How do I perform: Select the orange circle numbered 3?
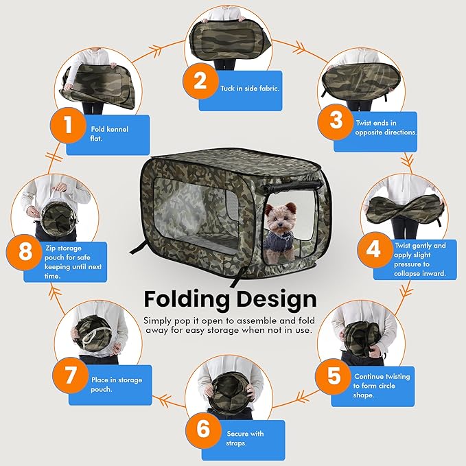[x=336, y=121]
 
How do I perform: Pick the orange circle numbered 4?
[x=373, y=248]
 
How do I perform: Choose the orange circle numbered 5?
[x=334, y=376]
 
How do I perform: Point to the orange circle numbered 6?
[x=203, y=429]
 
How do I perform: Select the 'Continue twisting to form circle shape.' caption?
[x=382, y=386]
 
